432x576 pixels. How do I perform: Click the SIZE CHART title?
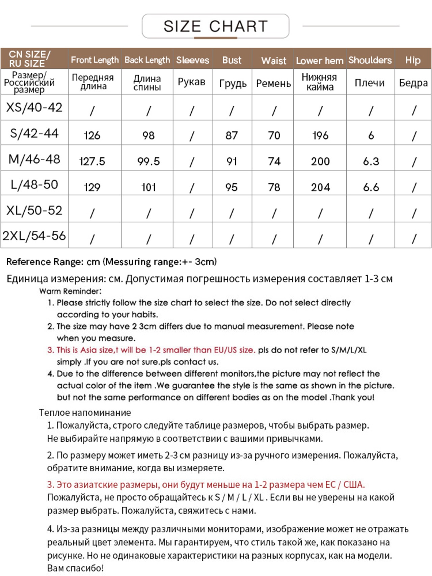[215, 26]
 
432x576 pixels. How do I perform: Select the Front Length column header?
[94, 60]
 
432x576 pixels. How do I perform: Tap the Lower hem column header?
[319, 61]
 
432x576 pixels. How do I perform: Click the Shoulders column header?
[370, 60]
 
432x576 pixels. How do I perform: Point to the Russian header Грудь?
[233, 83]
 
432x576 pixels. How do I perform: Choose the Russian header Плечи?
[370, 83]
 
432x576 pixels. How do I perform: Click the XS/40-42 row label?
[34, 107]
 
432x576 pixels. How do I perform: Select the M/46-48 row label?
[34, 159]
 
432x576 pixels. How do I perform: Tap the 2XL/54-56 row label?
[34, 236]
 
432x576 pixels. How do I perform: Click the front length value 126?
[92, 136]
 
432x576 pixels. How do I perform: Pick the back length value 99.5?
[148, 161]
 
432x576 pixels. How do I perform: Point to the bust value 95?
[232, 187]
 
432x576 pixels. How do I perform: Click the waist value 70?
[274, 136]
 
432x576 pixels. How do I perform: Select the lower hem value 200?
[320, 161]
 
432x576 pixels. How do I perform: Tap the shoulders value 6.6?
[371, 187]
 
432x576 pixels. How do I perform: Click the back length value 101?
[148, 187]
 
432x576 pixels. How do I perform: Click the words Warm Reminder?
[70, 291]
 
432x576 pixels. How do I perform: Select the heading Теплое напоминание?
[85, 412]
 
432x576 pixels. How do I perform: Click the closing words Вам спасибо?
[75, 568]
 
